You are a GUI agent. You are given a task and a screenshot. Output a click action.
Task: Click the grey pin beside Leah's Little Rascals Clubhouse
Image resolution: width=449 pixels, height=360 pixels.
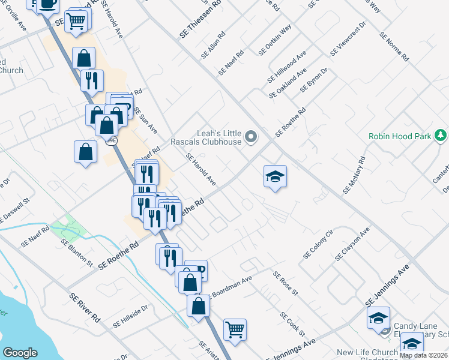[x=253, y=139]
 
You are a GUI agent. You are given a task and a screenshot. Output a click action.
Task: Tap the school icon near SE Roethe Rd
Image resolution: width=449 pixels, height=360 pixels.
[x=275, y=176]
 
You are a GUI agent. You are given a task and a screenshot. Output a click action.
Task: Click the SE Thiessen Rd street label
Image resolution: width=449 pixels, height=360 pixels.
[x=200, y=19]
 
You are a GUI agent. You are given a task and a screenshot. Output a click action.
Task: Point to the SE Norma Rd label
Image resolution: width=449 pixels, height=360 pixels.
[x=394, y=47]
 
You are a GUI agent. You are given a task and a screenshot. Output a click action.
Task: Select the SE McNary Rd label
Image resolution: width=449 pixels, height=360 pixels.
[x=354, y=176]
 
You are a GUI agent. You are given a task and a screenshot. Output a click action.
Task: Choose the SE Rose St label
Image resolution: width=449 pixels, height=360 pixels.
[x=285, y=283]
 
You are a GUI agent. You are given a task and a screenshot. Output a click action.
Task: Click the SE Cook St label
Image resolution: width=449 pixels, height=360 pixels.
[x=293, y=324]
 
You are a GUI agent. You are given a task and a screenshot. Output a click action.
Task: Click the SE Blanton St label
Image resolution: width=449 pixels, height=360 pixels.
[x=77, y=252]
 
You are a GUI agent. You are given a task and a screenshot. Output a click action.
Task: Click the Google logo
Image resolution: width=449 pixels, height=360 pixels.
[x=20, y=353]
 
